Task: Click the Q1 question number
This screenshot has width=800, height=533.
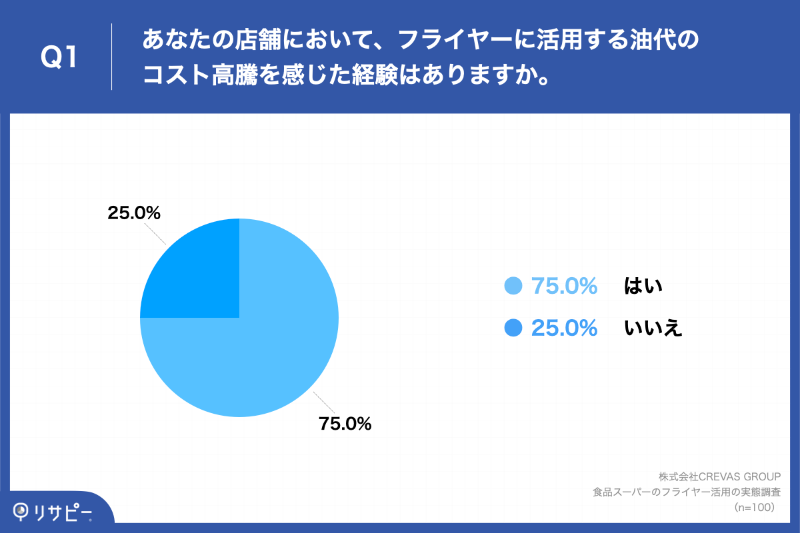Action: (59, 57)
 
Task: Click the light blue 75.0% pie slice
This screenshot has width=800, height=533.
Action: (267, 346)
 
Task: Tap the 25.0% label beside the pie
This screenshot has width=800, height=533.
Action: (134, 213)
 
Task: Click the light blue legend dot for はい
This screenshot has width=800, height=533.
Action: (513, 286)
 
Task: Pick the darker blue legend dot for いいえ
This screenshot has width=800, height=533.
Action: (513, 328)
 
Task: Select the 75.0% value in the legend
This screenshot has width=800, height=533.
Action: (564, 286)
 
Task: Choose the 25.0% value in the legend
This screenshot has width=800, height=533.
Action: (564, 328)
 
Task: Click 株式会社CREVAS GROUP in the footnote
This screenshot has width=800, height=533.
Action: (719, 477)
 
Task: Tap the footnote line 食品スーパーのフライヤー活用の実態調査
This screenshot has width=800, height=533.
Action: (687, 492)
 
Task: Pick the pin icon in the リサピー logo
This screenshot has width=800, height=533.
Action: (21, 511)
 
